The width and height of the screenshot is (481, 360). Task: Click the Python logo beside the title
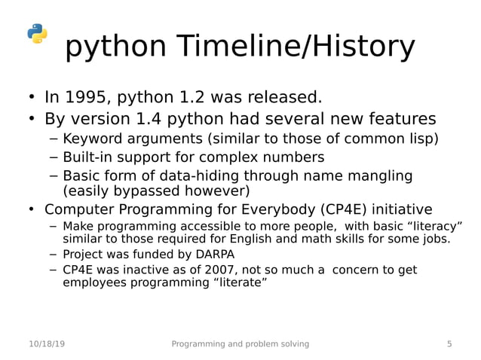[37, 34]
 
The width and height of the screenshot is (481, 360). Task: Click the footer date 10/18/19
[47, 344]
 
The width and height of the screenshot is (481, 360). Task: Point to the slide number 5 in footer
[450, 344]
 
